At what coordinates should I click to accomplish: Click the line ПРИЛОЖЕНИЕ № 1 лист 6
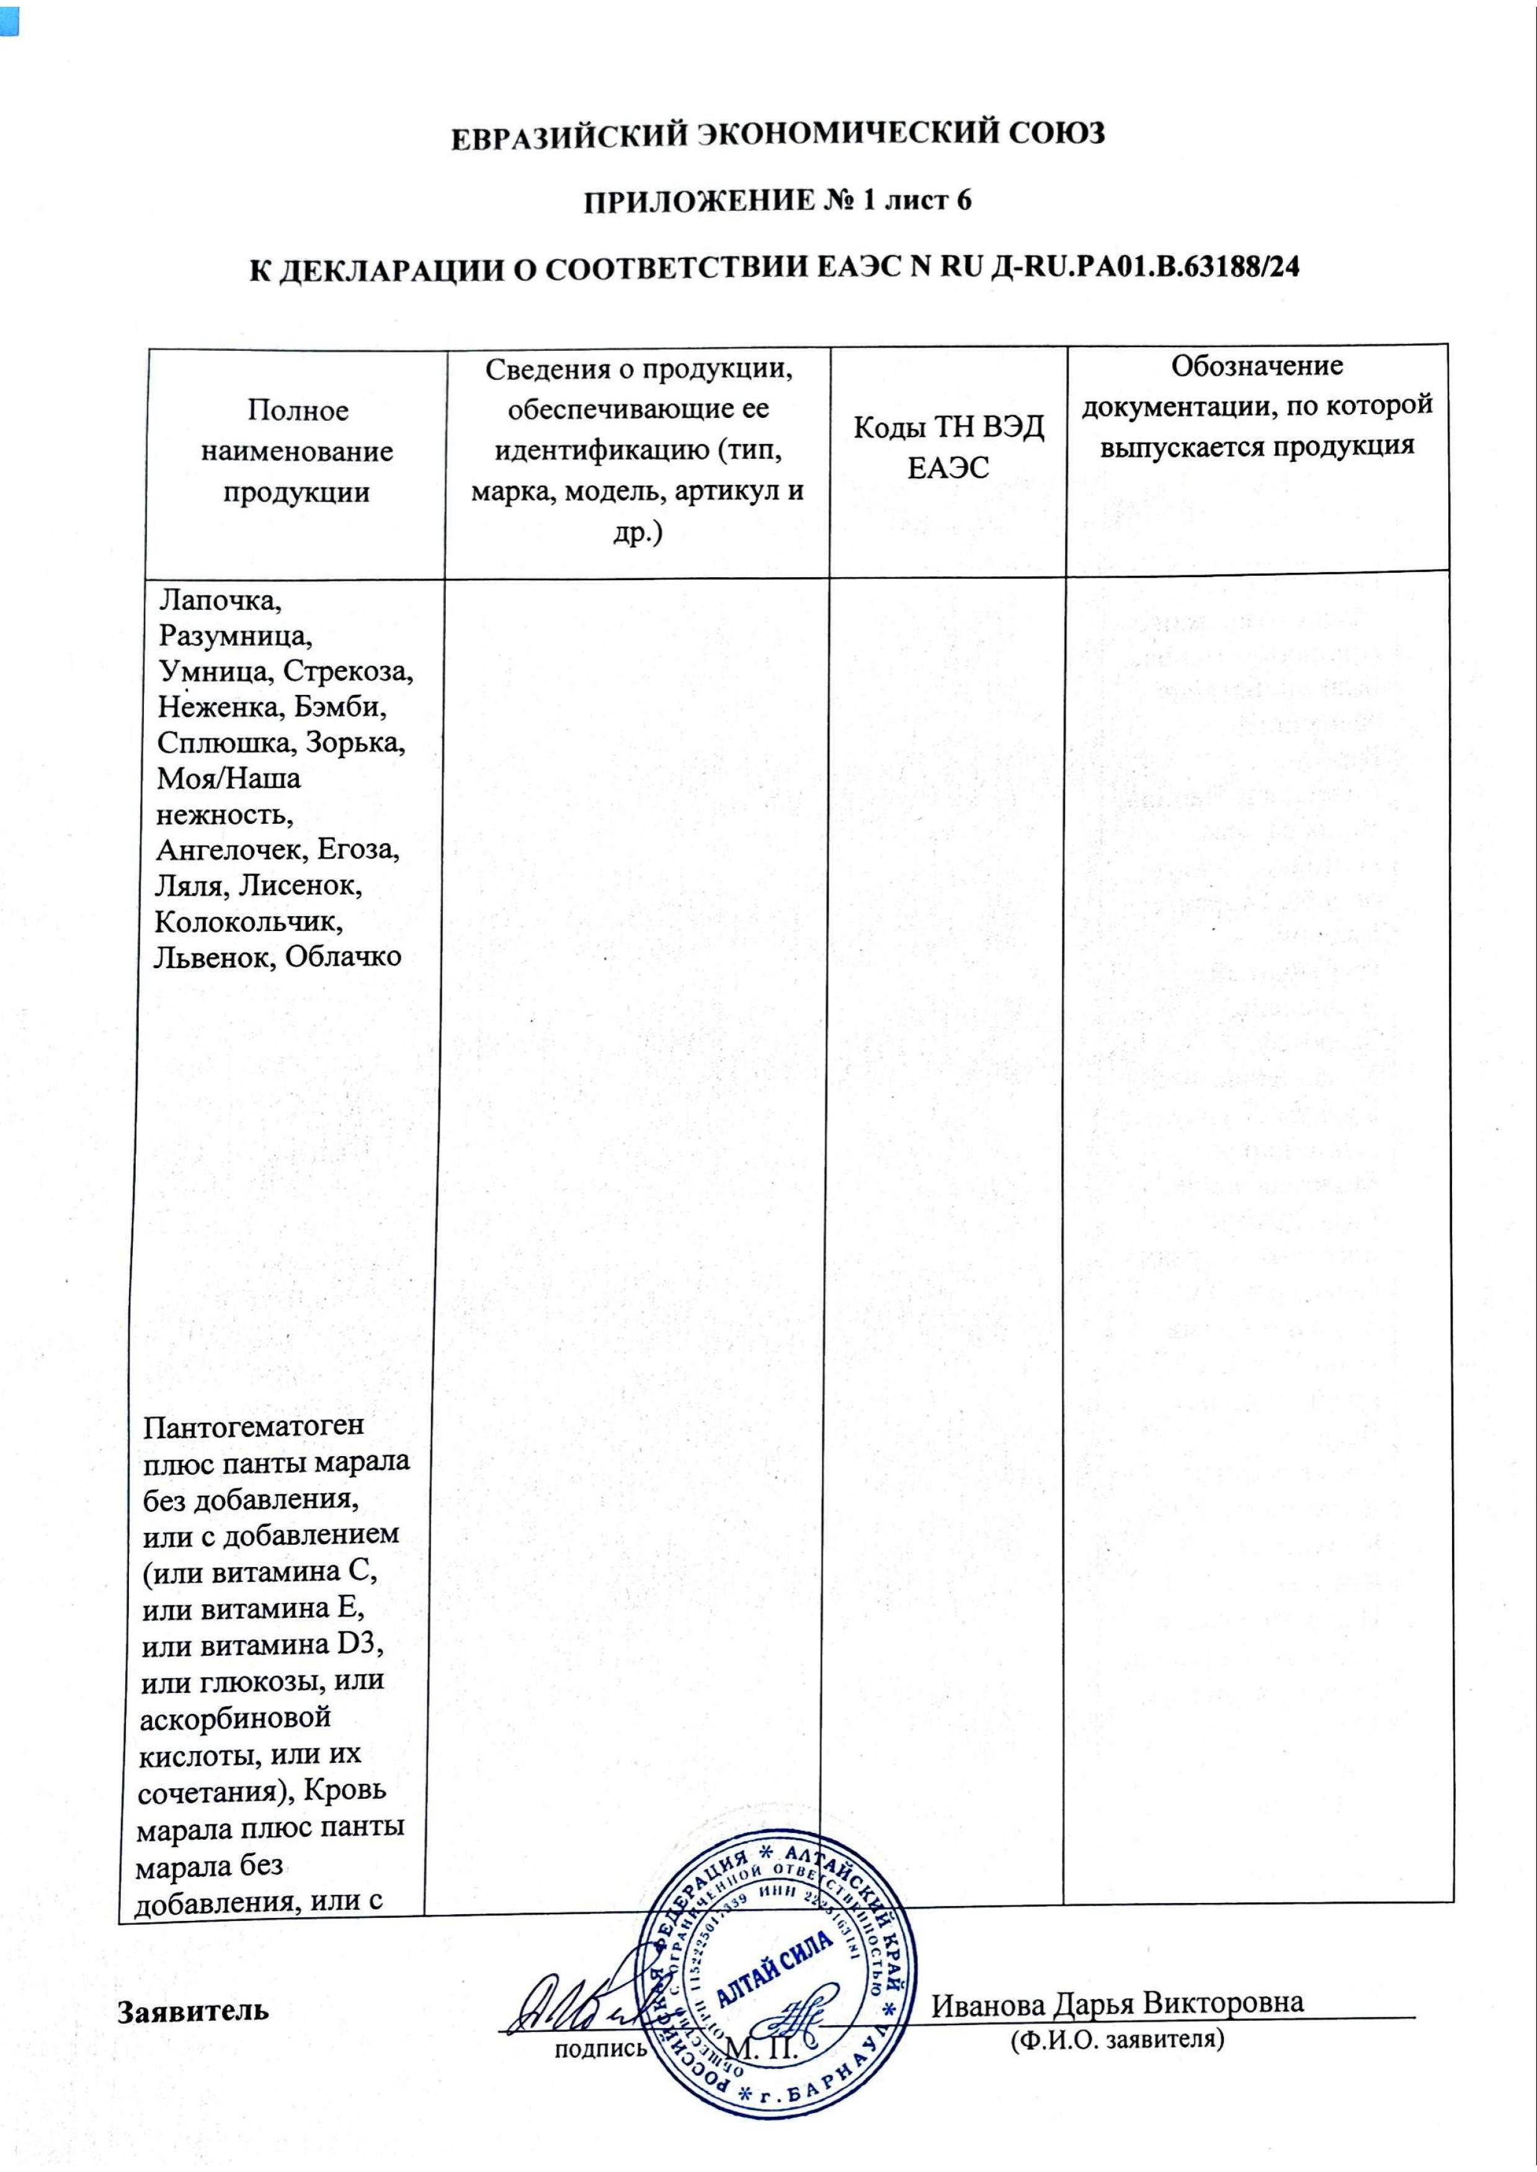pos(777,201)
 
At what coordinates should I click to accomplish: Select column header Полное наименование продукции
pos(297,451)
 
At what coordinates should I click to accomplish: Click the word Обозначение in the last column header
pos(1257,365)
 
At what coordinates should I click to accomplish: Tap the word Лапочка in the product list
pos(221,600)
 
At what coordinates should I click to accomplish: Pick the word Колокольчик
pos(249,920)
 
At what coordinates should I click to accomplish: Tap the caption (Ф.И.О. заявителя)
pos(1118,2039)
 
